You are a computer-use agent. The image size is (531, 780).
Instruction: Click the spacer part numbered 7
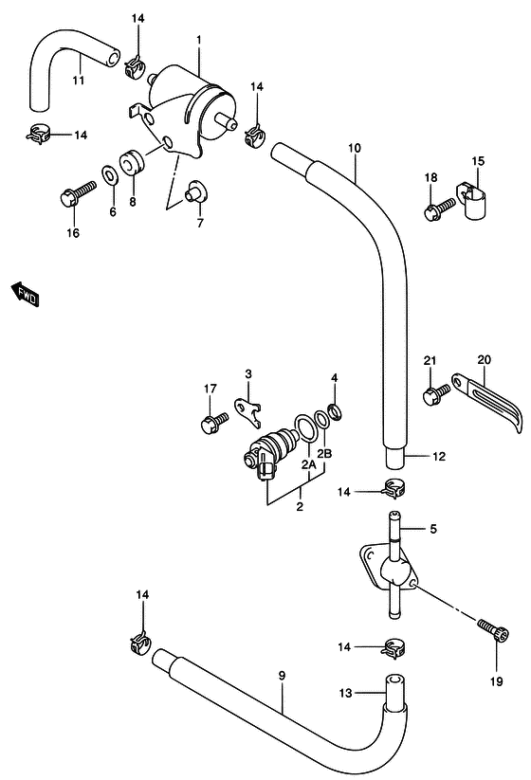[x=196, y=191]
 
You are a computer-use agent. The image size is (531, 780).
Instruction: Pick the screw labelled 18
[x=440, y=209]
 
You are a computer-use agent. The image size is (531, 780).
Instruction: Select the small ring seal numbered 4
[x=336, y=410]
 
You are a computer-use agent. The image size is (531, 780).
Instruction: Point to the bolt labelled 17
[x=214, y=422]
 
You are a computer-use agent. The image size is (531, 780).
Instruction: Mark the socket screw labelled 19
[x=494, y=629]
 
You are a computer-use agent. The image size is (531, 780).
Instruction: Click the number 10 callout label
[x=355, y=148]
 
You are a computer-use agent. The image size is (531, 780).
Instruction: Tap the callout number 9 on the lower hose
[x=283, y=675]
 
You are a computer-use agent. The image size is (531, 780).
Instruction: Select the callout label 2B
[x=324, y=453]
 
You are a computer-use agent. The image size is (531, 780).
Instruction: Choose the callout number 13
[x=346, y=693]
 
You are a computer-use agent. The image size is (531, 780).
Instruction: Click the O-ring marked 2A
[x=305, y=427]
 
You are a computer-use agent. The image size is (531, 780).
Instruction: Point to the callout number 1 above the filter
[x=198, y=39]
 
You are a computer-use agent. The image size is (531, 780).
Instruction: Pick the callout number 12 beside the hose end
[x=439, y=456]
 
